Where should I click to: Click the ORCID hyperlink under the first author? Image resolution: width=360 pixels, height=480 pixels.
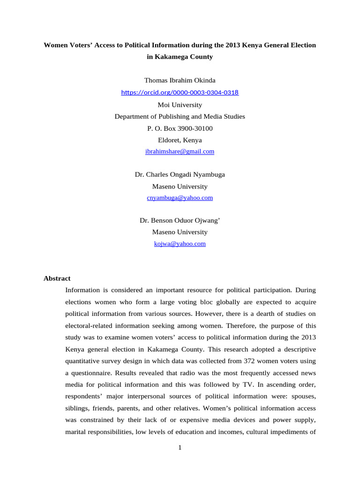180,93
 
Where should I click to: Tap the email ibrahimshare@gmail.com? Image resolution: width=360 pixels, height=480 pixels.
180,151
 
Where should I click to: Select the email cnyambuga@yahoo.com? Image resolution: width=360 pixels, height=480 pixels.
180,198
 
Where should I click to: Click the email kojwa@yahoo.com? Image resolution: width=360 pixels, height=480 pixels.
180,244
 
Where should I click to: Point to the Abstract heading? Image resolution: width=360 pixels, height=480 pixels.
57,278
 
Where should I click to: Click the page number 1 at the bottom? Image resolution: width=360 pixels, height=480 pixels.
180,448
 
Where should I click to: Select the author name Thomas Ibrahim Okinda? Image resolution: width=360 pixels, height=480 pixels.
180,81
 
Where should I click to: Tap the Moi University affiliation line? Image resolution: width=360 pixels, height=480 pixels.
180,105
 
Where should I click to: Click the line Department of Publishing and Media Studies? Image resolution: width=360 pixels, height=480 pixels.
180,117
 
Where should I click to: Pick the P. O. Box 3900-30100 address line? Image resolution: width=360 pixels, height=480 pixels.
180,128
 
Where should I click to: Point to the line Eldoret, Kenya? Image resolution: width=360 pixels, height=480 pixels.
180,140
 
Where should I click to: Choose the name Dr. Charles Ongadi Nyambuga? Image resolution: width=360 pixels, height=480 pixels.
180,174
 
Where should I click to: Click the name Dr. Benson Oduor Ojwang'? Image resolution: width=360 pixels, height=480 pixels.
180,220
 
